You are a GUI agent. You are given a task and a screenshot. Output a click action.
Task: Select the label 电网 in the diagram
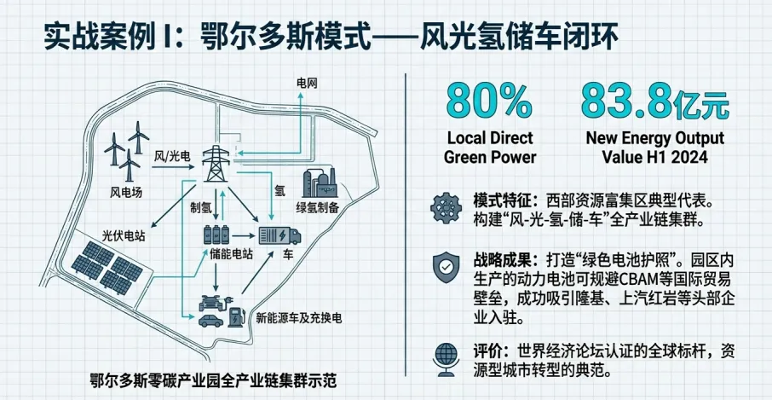coord(306,83)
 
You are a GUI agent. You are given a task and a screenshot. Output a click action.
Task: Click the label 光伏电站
coord(124,236)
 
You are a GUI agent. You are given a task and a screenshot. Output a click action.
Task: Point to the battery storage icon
coord(216,235)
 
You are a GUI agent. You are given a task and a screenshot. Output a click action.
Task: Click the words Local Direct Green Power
coord(490,147)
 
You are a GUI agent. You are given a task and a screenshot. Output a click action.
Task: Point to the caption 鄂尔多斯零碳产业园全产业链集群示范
coord(212,379)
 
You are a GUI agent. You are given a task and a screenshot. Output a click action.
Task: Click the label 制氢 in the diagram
coord(201,207)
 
